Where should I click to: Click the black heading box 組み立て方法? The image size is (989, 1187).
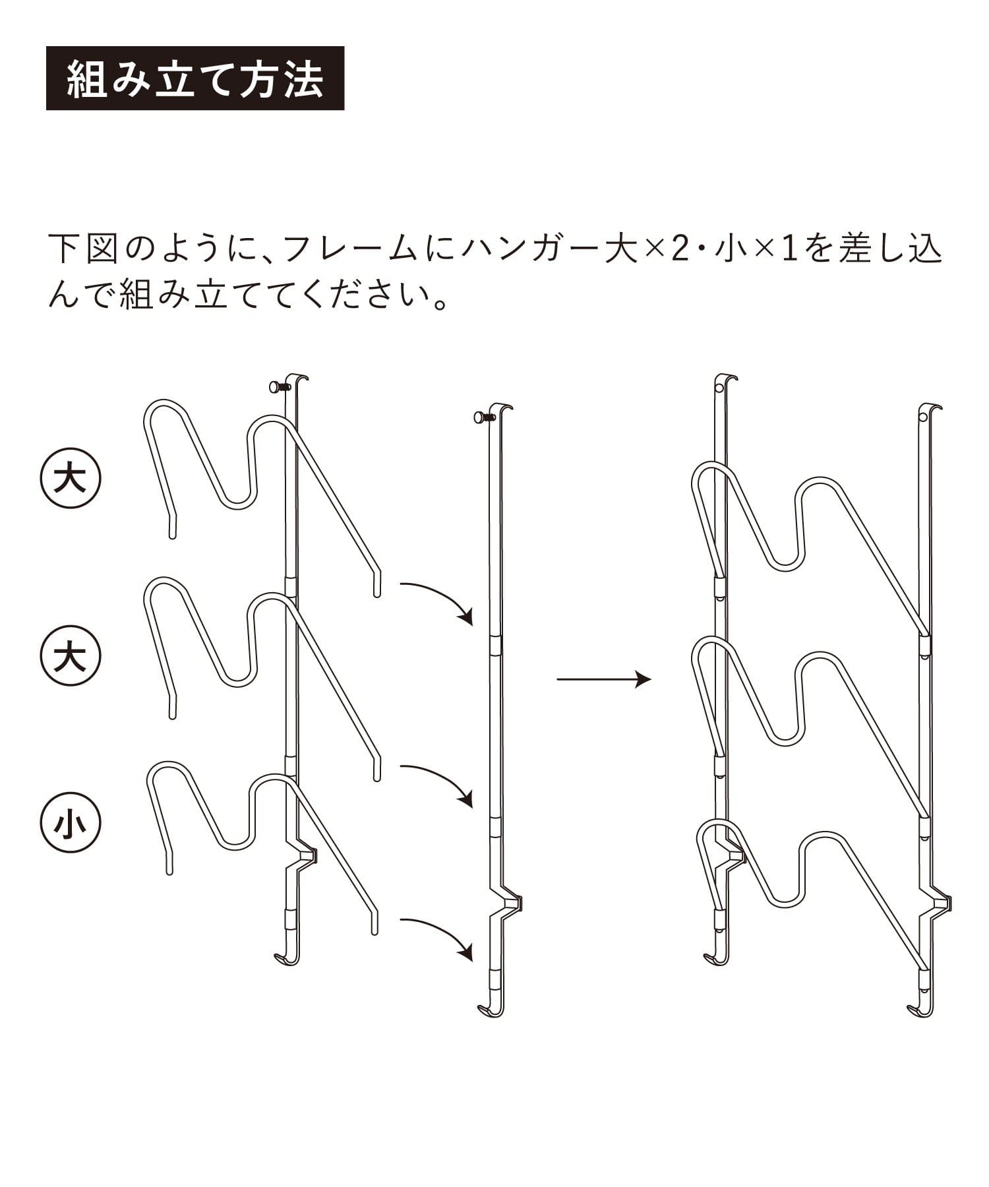click(x=195, y=78)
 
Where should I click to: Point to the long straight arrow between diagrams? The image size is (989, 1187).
click(x=604, y=679)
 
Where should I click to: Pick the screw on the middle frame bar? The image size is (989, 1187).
click(x=483, y=417)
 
